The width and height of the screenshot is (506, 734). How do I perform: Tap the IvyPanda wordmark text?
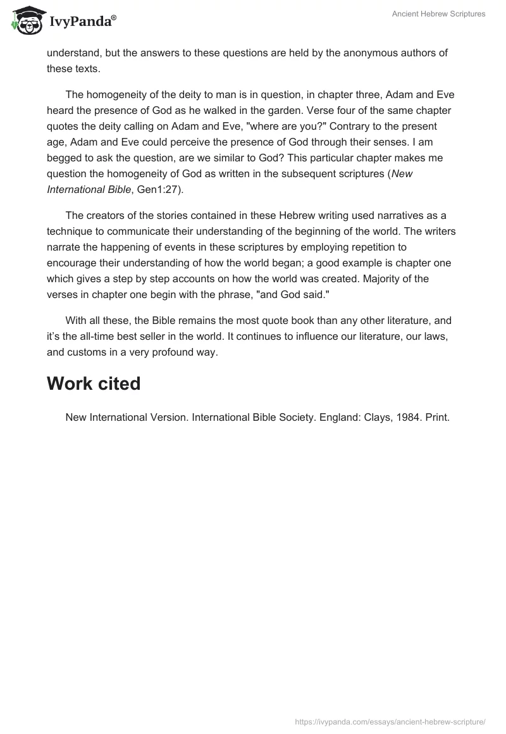coord(82,21)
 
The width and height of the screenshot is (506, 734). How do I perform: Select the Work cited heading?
coord(94,383)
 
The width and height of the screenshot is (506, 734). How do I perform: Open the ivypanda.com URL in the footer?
coord(390,721)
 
